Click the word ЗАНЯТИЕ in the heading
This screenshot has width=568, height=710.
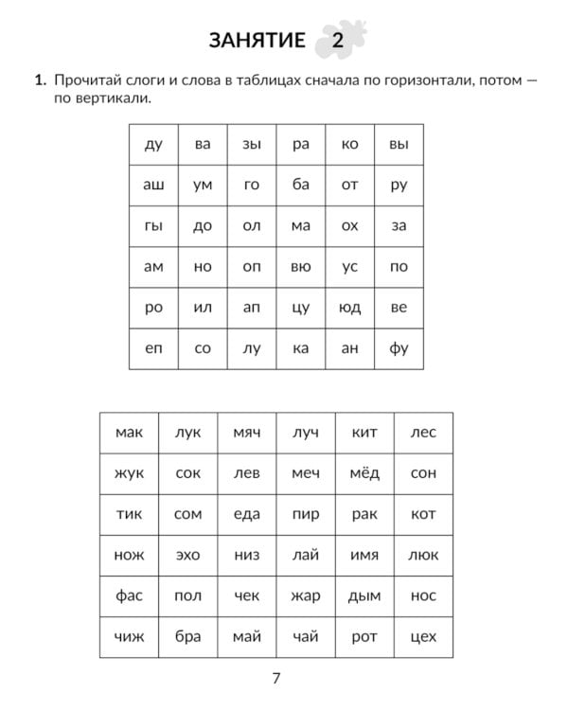coord(257,40)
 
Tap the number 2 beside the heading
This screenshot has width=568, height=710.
coord(338,41)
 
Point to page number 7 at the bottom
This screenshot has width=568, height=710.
coord(276,678)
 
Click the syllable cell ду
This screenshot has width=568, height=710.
coord(153,145)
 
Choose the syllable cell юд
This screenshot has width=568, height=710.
coord(349,308)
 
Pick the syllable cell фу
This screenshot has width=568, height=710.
coord(399,348)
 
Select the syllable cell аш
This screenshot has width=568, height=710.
coord(153,186)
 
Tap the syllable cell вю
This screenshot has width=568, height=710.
coord(300,267)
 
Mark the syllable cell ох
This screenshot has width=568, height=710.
coord(349,226)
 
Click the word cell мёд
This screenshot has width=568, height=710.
coord(364,473)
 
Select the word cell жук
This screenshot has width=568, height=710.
coord(129,473)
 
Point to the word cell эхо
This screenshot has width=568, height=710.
coord(187,555)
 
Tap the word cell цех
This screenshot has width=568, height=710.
coord(423,636)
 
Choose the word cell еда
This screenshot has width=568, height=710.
coord(246,514)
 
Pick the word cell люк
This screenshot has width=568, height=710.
coord(423,555)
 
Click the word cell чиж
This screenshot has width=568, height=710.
coord(129,636)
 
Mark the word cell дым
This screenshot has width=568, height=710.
coord(364,595)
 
